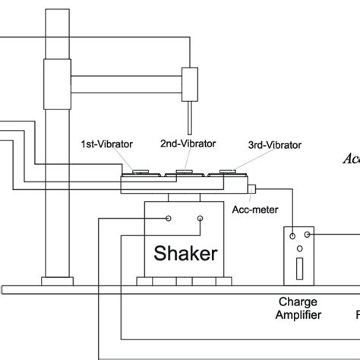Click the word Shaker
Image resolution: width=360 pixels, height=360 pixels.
pos(183,251)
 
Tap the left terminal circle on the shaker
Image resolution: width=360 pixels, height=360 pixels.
pos(169,219)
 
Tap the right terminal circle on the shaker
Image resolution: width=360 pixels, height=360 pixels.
pos(200,219)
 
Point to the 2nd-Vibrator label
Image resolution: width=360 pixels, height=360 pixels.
pos(188,142)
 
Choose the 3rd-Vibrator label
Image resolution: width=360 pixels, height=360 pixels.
pos(275,144)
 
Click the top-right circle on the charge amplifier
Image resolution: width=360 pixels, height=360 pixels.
pos(307,236)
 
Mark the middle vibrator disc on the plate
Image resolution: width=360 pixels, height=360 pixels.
pos(182,172)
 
